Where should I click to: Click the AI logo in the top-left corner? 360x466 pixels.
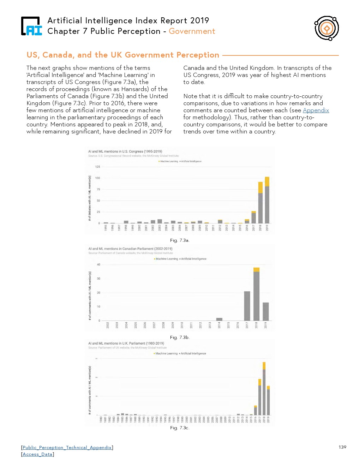point(31,26)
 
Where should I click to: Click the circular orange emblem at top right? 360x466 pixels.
point(326,28)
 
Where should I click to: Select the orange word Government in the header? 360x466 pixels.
point(192,31)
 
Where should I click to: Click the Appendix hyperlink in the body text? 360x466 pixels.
point(316,110)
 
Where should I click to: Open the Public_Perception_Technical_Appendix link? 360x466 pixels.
point(67,447)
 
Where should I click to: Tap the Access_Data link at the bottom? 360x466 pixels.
point(37,454)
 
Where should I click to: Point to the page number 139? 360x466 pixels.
point(342,447)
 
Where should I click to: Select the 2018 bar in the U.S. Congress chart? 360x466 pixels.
point(260,205)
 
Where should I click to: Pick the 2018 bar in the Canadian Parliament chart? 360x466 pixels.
point(256,295)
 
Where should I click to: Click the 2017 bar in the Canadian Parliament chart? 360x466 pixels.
point(247,306)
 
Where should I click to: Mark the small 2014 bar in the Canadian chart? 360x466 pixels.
point(219,319)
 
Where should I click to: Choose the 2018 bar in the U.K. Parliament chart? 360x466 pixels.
point(264,390)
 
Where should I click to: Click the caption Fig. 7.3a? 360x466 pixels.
point(180,240)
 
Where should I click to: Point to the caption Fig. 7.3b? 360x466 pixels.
point(180,337)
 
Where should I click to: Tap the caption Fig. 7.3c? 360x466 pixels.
point(180,428)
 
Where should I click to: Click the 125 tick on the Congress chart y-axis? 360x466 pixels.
point(97,167)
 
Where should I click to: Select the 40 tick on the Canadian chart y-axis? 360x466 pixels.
point(98,264)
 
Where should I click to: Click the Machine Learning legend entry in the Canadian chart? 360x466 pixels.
point(166,259)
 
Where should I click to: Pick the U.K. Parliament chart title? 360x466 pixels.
point(126,343)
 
